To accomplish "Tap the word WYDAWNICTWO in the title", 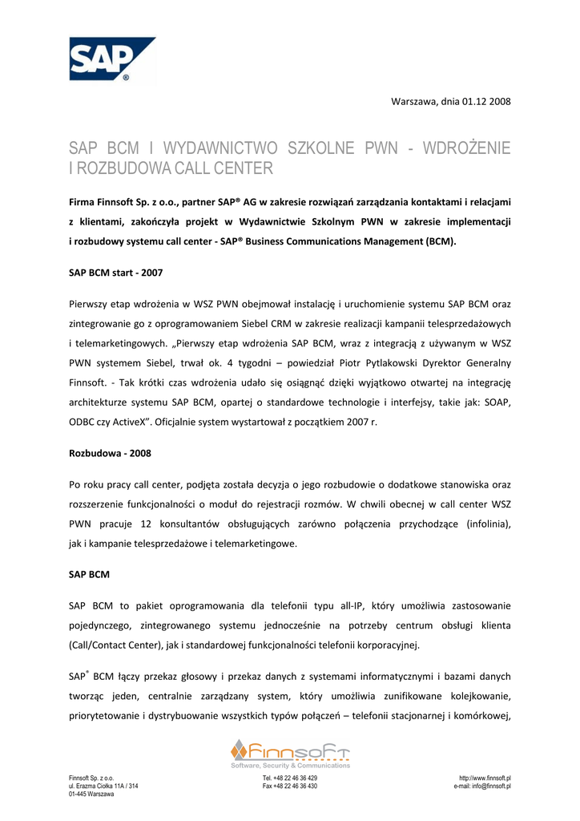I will coord(220,148).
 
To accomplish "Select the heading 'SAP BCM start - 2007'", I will coord(115,273).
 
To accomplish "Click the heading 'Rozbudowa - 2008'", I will coord(110,453).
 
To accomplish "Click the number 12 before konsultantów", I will coord(146,524).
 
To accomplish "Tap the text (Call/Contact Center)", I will coord(125,645).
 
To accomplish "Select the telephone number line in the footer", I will coord(290,779).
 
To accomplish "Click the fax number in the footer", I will coord(290,787).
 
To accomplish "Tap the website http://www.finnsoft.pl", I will coord(485,779).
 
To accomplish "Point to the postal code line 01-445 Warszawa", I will coord(91,795).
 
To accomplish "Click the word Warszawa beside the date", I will coord(413,101).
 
